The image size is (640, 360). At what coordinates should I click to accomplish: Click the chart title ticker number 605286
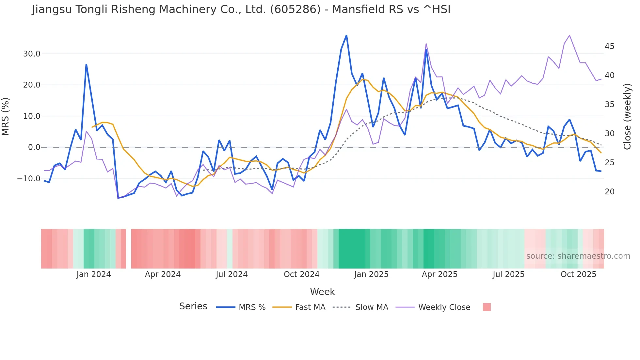tap(296, 9)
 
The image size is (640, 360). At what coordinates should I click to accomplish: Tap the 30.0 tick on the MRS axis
tap(32, 54)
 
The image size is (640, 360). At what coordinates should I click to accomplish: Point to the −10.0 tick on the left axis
tap(29, 179)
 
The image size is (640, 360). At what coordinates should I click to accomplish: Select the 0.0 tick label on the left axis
tap(34, 147)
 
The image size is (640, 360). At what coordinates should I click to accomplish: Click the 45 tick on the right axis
tap(609, 46)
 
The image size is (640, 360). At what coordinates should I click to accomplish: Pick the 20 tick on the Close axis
tap(609, 192)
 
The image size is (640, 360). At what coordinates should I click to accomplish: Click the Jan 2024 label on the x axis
tap(94, 274)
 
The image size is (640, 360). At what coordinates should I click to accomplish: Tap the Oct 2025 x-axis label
tap(578, 274)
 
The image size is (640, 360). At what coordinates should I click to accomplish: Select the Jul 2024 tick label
tap(232, 274)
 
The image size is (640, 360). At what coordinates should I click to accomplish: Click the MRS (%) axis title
tap(6, 116)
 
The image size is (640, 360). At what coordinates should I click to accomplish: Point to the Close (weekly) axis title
tap(627, 116)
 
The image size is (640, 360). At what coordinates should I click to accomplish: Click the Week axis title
tap(322, 292)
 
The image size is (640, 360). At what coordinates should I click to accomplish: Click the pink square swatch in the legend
tap(487, 307)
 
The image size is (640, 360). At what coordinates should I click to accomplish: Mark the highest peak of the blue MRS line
tap(346, 36)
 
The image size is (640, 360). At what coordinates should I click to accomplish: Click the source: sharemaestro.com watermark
tap(578, 256)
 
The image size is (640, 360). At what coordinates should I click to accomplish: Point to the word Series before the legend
tap(193, 306)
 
